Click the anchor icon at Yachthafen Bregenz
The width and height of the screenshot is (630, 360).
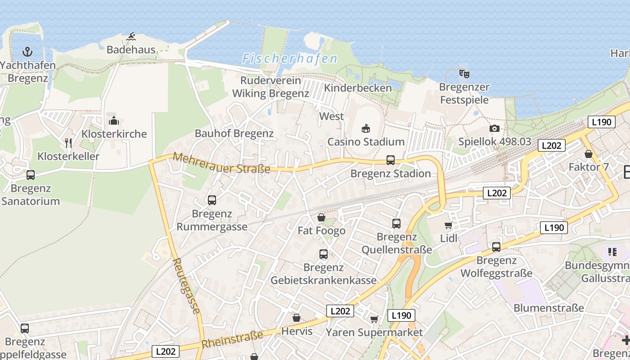tap(27, 52)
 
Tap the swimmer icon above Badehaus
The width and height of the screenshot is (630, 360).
tap(131, 36)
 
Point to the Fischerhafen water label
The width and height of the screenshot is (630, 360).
tap(289, 58)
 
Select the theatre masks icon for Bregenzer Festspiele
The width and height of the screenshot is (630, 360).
tap(464, 73)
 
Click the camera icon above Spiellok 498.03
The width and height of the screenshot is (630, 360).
tap(494, 129)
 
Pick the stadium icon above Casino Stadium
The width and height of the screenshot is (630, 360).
tap(366, 129)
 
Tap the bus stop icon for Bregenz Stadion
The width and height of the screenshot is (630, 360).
tap(391, 160)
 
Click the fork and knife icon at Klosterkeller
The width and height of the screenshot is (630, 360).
tap(68, 143)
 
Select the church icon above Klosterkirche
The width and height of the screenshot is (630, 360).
tap(114, 121)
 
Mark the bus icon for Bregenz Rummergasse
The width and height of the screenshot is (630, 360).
tap(211, 200)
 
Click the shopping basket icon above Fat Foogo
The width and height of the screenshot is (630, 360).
tap(321, 218)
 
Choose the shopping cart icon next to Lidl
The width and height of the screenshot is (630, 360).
tap(448, 225)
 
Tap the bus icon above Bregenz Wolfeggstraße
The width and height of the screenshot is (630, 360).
tap(496, 247)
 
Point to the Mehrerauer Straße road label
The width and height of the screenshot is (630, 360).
tap(221, 163)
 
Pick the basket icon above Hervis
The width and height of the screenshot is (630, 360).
tap(296, 318)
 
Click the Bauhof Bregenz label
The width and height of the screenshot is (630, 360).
tap(234, 134)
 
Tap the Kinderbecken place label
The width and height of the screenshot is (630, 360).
tap(358, 88)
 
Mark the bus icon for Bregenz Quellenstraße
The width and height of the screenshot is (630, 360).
tap(396, 223)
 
